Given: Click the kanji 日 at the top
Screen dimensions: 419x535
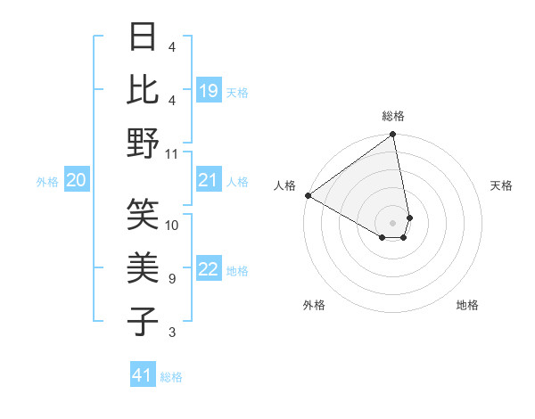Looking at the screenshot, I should [144, 37].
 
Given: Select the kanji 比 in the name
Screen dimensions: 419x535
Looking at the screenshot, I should [144, 89].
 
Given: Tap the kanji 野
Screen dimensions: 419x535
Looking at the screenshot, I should [144, 144].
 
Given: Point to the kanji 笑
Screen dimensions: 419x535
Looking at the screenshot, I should [144, 214].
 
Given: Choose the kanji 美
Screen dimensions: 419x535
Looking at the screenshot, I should [144, 268].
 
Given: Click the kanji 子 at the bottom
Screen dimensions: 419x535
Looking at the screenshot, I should [144, 322].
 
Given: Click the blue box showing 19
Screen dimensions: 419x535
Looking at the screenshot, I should [209, 91].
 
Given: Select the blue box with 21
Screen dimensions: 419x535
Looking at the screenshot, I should [209, 181].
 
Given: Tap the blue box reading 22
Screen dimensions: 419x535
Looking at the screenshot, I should [209, 270].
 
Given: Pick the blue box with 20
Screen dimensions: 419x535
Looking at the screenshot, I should [77, 181].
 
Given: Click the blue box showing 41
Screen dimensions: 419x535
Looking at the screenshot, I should [143, 375].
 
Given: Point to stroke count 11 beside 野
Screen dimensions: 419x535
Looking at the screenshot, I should [172, 153].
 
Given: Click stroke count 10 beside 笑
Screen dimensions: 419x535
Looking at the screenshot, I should [172, 225].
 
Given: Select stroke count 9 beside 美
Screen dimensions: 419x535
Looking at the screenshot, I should [172, 279].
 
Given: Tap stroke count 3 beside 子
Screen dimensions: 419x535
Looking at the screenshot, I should [172, 333].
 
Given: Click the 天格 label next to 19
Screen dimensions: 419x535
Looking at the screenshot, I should [237, 92].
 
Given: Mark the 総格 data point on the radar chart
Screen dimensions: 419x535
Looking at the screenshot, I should [392, 136].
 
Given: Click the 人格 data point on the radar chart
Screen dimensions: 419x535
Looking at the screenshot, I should [308, 195].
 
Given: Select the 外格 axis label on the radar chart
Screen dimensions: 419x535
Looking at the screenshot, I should [314, 305].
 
